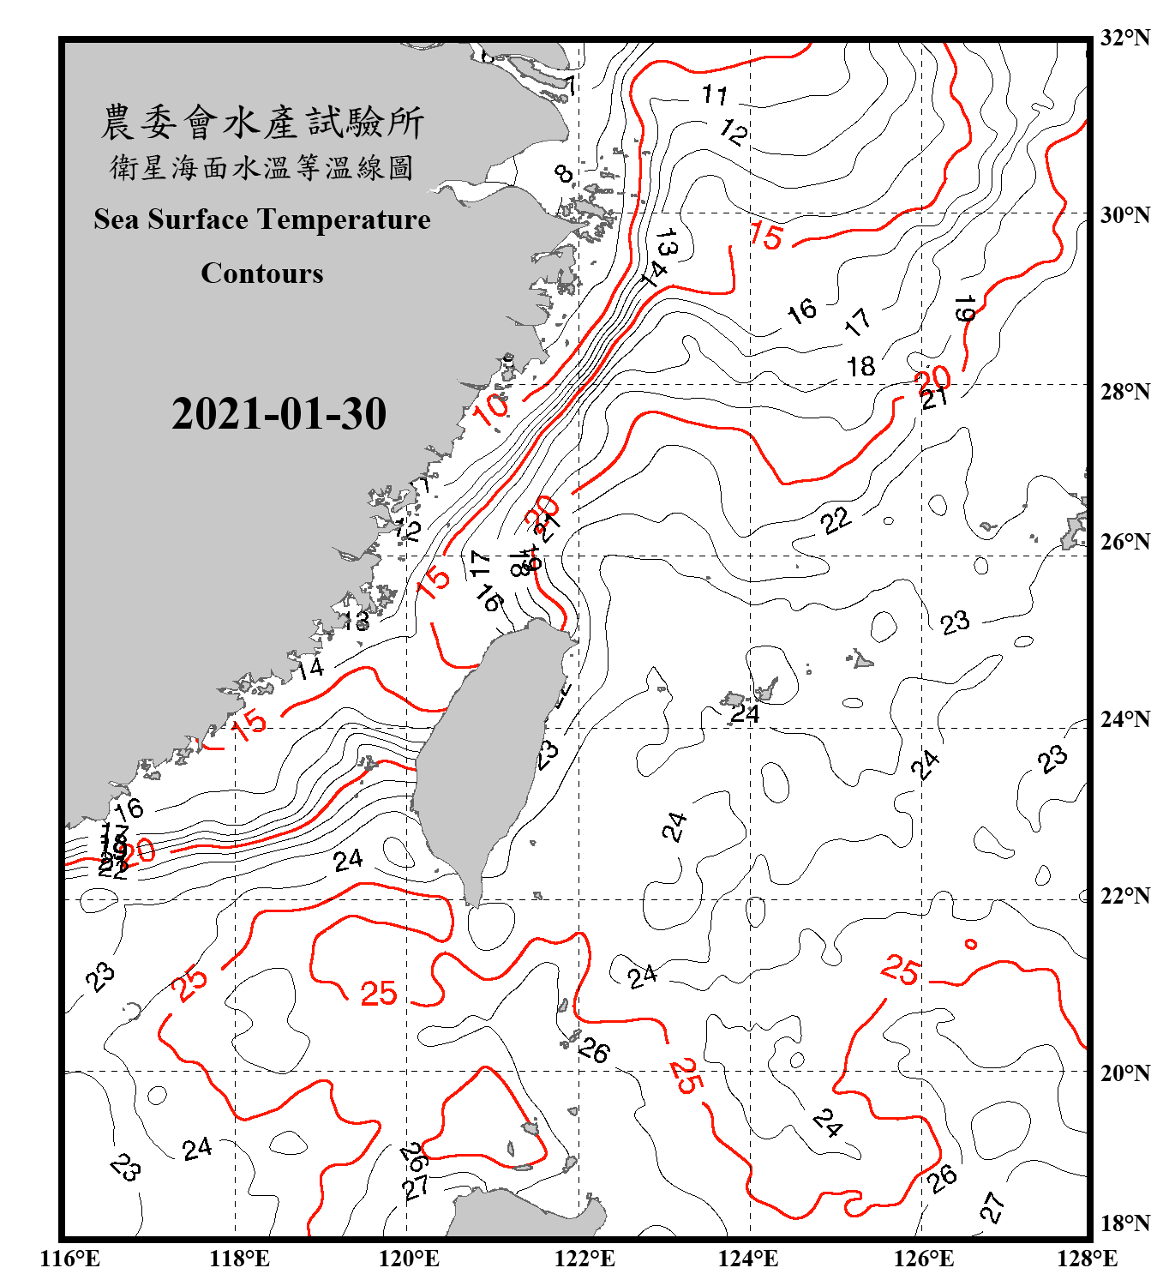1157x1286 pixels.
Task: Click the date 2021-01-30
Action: (279, 414)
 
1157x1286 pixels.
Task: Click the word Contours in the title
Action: (262, 273)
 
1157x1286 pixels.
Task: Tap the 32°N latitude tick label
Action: (1124, 38)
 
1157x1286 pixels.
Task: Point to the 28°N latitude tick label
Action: (1124, 392)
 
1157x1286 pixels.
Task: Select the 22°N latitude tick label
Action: (1124, 896)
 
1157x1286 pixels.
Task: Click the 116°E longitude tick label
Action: (70, 1259)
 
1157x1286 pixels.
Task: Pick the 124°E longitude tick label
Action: (748, 1259)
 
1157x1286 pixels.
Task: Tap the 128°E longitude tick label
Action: (1087, 1259)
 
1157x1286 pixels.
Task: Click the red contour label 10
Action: (492, 409)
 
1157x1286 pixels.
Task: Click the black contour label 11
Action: (715, 93)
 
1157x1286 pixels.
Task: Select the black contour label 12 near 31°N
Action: (734, 131)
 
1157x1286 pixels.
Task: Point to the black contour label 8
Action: (563, 174)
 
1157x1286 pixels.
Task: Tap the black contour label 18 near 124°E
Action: (860, 367)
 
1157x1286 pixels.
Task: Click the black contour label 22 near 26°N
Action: (835, 520)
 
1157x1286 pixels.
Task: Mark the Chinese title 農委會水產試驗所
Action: (262, 123)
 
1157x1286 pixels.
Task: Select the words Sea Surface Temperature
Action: (262, 219)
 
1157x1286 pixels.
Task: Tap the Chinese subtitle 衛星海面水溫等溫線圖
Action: (262, 168)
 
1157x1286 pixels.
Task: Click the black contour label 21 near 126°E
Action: (934, 398)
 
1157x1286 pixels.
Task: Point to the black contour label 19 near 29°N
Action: (965, 309)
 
